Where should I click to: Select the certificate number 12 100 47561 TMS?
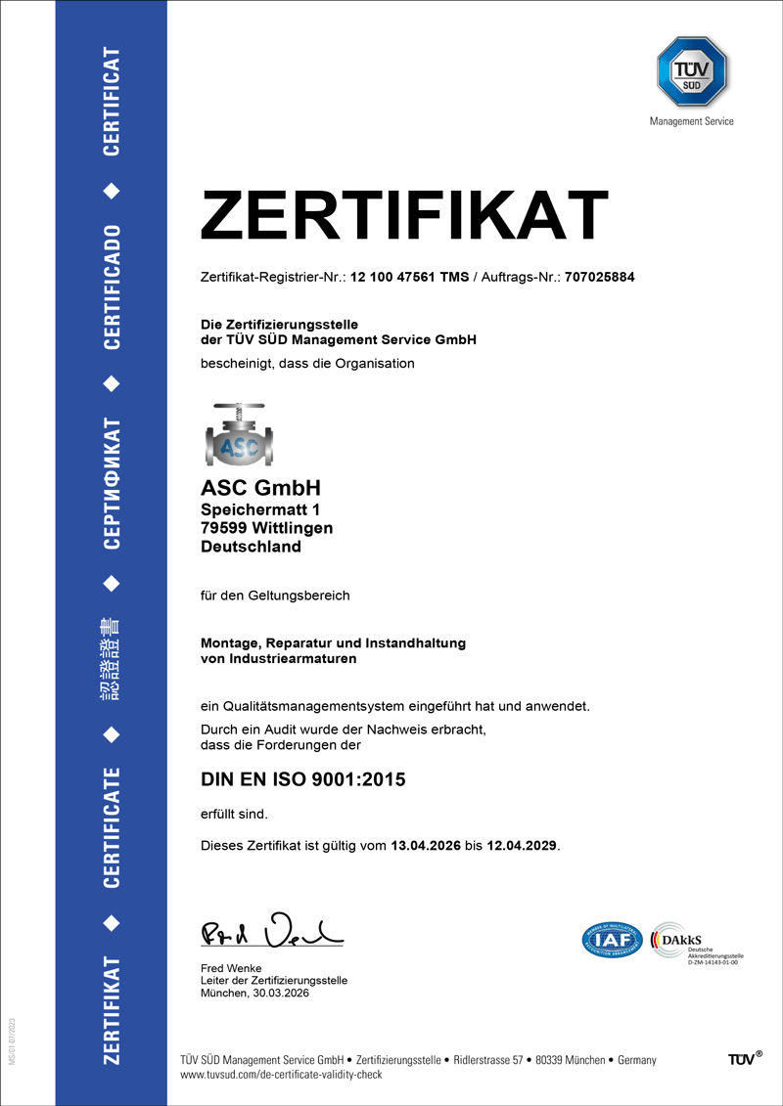(409, 277)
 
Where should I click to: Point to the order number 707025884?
(600, 277)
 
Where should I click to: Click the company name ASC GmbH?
(260, 487)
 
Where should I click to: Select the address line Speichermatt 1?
(259, 509)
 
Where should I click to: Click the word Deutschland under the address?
(251, 547)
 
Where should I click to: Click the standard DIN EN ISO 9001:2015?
(302, 780)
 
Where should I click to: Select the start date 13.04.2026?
(426, 846)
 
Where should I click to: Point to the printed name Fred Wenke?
(231, 968)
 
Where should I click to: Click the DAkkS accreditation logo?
(699, 941)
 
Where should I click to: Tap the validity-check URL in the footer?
(281, 1074)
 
